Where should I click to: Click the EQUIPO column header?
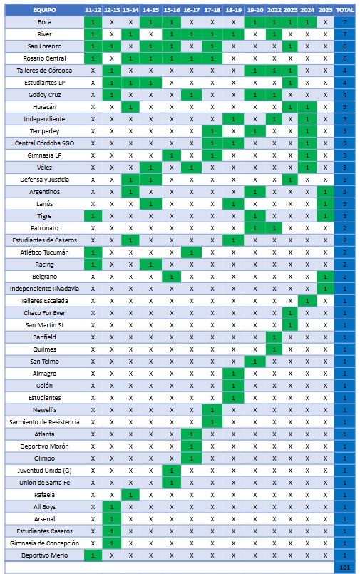(x=44, y=10)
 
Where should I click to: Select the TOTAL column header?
(x=344, y=10)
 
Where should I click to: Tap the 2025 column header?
(x=325, y=10)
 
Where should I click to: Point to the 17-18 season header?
(x=212, y=10)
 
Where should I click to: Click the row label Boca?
(x=44, y=22)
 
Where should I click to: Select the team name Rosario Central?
(x=44, y=58)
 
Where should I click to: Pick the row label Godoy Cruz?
(x=44, y=95)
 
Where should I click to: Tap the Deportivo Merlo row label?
(x=44, y=555)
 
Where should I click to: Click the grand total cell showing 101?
(x=344, y=568)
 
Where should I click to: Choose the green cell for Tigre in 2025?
(x=325, y=216)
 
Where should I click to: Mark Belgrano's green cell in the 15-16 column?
(x=172, y=277)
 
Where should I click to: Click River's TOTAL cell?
(x=344, y=34)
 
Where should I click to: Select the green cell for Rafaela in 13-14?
(x=130, y=495)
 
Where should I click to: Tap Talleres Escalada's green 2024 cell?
(x=307, y=301)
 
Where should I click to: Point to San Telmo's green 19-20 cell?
(x=255, y=362)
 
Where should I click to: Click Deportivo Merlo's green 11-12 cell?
(x=93, y=555)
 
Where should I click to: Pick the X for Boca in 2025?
(x=325, y=22)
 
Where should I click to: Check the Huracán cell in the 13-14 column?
(x=130, y=107)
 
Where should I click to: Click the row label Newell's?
(x=44, y=410)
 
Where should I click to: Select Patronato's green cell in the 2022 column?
(x=274, y=228)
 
